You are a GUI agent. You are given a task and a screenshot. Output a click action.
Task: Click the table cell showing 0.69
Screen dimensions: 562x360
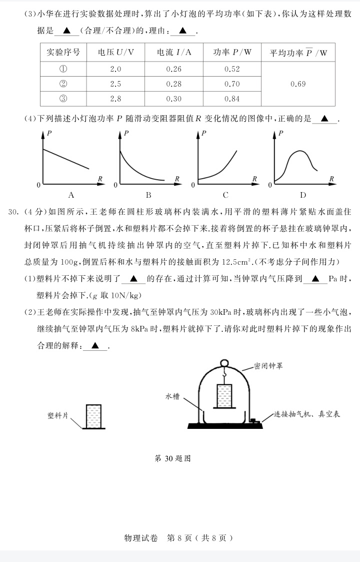[x=298, y=84]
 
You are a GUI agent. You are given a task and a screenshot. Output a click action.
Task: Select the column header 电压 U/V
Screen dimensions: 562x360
[x=115, y=53]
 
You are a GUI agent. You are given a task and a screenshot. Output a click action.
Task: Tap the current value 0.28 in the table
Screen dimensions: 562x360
[x=173, y=84]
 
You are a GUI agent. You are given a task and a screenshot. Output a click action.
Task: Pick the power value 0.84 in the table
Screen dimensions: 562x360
[x=232, y=99]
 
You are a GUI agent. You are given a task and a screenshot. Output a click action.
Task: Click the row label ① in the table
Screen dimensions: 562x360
[x=63, y=69]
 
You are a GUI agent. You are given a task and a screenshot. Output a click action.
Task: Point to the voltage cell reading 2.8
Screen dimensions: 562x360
[x=115, y=99]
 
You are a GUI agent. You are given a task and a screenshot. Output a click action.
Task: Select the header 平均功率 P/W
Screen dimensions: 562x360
[x=298, y=53]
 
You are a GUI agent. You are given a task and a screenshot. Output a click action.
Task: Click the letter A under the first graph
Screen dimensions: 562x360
[x=71, y=195]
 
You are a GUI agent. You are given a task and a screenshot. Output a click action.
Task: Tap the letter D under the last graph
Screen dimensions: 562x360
[x=302, y=195]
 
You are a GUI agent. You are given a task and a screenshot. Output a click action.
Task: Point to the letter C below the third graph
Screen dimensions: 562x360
[x=225, y=195]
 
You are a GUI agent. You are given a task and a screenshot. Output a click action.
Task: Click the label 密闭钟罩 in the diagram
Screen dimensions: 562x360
[x=268, y=366]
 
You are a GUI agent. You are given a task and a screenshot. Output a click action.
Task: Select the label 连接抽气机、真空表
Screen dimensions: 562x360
[x=307, y=414]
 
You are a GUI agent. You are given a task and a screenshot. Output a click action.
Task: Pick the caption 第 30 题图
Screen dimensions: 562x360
[x=173, y=458]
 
